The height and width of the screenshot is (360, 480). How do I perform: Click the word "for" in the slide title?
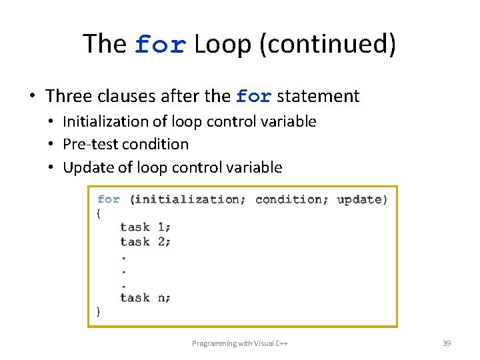(160, 45)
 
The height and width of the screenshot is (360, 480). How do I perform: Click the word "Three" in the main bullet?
(69, 96)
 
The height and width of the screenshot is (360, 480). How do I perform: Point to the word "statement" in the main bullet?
(318, 96)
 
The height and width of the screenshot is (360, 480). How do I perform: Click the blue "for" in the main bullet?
(253, 97)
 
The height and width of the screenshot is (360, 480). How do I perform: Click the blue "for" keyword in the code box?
(109, 199)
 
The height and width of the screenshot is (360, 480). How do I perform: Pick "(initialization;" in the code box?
(187, 199)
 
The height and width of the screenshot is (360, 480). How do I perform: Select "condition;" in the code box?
(292, 199)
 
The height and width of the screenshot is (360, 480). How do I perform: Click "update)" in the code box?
(362, 199)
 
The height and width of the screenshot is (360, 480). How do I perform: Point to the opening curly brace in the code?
(99, 213)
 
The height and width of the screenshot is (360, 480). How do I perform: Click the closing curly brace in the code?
(99, 311)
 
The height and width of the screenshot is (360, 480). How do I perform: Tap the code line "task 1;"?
(145, 227)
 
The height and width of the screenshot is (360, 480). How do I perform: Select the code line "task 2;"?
(145, 241)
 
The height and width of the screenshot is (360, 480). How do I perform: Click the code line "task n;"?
(145, 297)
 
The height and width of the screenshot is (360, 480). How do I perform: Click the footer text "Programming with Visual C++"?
(239, 343)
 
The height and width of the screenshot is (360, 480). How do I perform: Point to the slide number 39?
(447, 343)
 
